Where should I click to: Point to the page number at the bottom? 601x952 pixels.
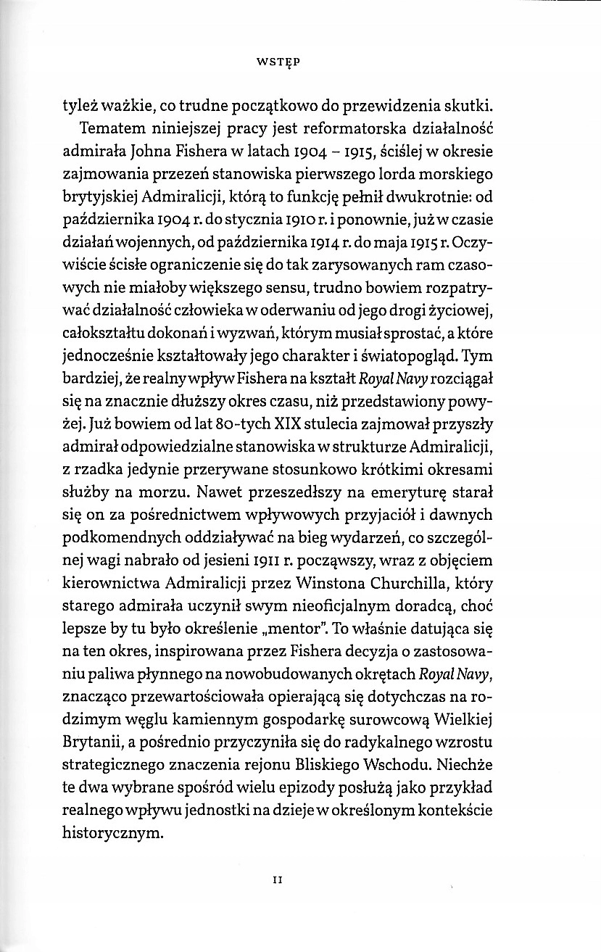[276, 879]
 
